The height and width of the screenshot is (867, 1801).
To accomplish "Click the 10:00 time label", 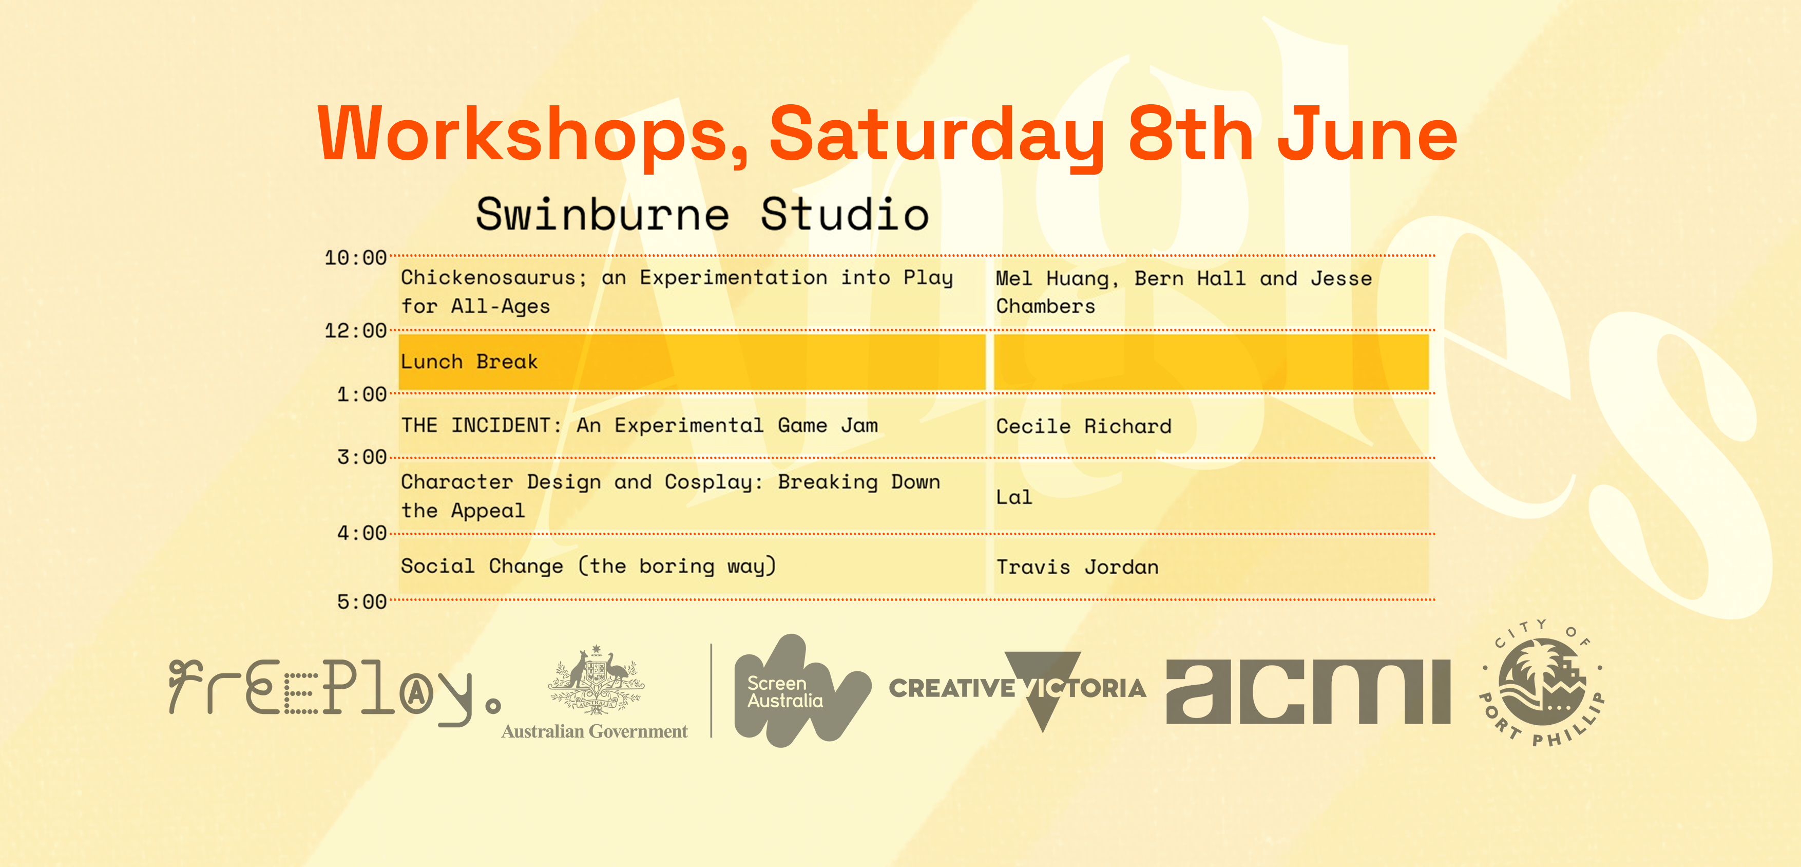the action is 355,258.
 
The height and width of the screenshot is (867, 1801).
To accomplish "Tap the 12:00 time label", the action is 355,331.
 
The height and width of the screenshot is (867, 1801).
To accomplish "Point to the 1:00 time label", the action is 361,394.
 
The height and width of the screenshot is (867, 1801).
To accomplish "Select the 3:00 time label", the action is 361,457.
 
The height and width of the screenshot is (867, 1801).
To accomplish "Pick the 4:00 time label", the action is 361,534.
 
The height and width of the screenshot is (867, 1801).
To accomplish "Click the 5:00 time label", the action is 361,602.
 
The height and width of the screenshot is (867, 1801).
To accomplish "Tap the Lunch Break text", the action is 469,362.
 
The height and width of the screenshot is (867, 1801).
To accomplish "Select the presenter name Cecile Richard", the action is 1084,426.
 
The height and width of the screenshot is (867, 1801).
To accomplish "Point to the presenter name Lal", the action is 1014,497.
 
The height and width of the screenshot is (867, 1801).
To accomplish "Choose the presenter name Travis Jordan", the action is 1078,567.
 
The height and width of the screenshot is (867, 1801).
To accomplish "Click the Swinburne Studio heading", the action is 703,214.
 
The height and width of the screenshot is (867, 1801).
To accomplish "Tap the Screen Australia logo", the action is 802,690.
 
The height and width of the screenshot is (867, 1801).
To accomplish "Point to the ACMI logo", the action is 1308,691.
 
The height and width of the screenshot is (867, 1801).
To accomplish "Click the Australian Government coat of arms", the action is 595,680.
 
